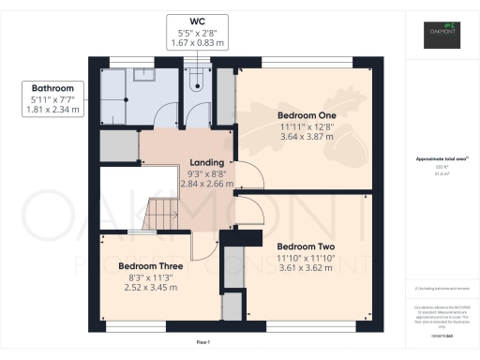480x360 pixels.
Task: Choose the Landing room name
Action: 208,162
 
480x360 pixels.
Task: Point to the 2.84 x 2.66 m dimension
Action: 208,184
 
